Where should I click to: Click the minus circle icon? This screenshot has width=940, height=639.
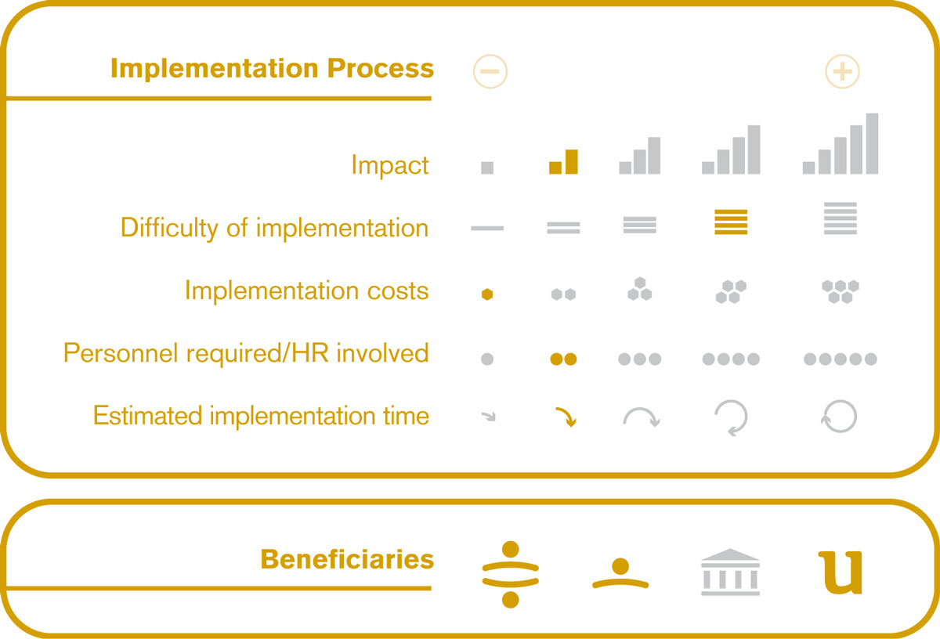pyautogui.click(x=490, y=71)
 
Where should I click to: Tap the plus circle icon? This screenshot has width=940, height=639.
pyautogui.click(x=842, y=71)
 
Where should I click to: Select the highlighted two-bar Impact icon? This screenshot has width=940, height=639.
pyautogui.click(x=563, y=161)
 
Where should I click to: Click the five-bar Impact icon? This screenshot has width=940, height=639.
pyautogui.click(x=840, y=143)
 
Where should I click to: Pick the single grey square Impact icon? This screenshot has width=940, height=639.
pyautogui.click(x=487, y=168)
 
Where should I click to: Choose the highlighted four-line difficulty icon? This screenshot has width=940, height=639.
pyautogui.click(x=731, y=222)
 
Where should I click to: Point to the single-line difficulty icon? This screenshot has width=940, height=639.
pyautogui.click(x=487, y=228)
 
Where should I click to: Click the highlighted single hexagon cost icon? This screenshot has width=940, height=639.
pyautogui.click(x=487, y=294)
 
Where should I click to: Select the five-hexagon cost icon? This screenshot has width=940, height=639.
pyautogui.click(x=840, y=291)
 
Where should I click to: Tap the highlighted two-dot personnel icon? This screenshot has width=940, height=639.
pyautogui.click(x=563, y=359)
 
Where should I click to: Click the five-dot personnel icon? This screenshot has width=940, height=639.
pyautogui.click(x=840, y=359)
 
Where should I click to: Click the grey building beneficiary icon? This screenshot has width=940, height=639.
pyautogui.click(x=730, y=572)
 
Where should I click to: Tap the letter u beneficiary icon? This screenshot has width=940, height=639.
pyautogui.click(x=841, y=572)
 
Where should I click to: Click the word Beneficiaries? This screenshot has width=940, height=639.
pyautogui.click(x=347, y=559)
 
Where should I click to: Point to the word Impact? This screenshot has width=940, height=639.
pyautogui.click(x=390, y=165)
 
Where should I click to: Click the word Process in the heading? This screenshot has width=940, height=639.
pyautogui.click(x=380, y=68)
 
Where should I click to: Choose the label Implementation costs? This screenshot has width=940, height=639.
pyautogui.click(x=307, y=291)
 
